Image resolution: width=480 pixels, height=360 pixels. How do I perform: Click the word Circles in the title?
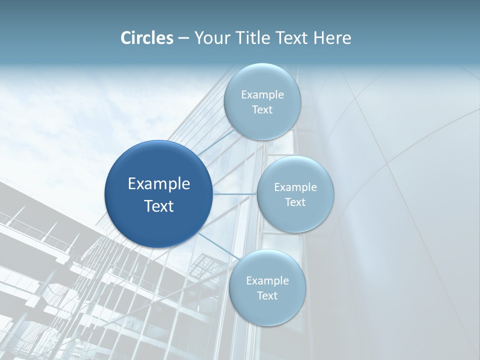click(x=147, y=38)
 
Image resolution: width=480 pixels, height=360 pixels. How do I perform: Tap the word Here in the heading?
click(x=332, y=38)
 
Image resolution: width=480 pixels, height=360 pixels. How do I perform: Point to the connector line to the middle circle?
click(x=235, y=193)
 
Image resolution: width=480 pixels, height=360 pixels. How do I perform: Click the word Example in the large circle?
click(x=159, y=184)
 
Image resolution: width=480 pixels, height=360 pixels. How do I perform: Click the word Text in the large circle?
click(x=159, y=206)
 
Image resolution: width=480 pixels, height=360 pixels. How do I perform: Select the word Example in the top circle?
click(x=262, y=95)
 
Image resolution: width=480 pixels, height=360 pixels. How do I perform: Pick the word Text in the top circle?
click(x=262, y=110)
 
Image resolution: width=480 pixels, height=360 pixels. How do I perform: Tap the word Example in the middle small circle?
click(x=295, y=187)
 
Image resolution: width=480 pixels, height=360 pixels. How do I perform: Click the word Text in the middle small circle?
click(x=295, y=202)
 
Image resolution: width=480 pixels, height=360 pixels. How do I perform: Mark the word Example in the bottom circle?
click(x=267, y=281)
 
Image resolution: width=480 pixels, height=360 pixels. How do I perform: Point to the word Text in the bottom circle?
click(x=267, y=296)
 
